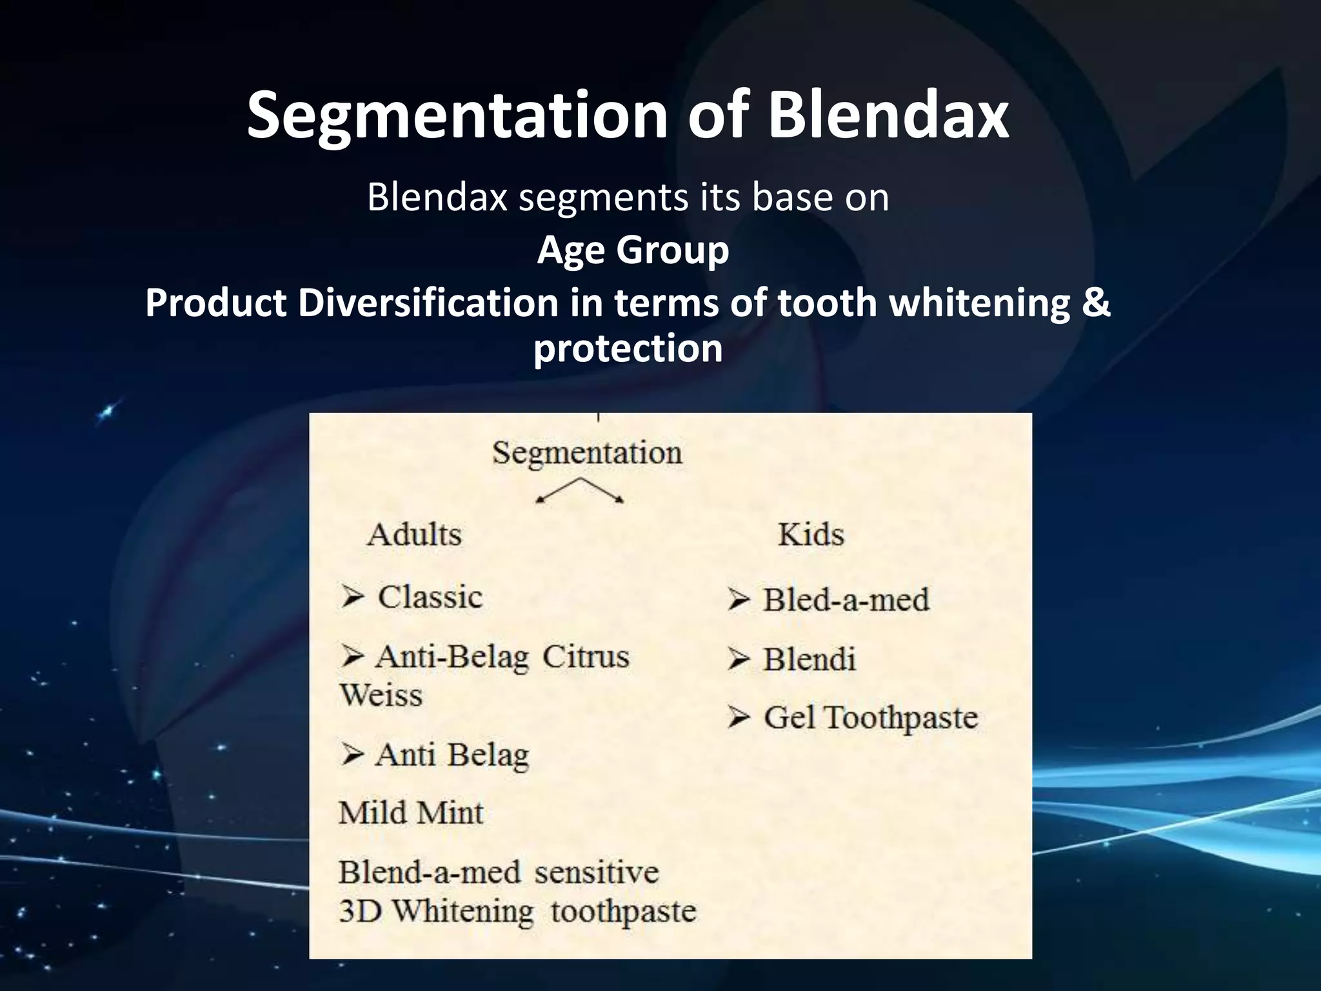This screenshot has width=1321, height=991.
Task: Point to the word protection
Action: click(x=628, y=348)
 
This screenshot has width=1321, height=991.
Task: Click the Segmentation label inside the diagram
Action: click(x=587, y=453)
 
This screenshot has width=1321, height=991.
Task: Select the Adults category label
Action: click(x=414, y=535)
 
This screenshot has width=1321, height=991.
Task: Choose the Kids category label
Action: click(x=810, y=535)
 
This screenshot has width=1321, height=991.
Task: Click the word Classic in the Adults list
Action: click(x=430, y=597)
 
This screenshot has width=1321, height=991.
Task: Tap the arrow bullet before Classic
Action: click(x=353, y=597)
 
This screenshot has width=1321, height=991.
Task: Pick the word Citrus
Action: click(x=585, y=657)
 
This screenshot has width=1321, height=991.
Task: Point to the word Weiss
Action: click(x=381, y=696)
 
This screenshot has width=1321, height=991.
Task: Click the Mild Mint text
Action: click(x=411, y=813)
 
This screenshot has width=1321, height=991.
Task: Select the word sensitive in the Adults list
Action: click(x=596, y=873)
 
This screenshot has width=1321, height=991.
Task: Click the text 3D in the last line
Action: click(x=360, y=912)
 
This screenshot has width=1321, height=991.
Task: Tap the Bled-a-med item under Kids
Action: click(x=846, y=600)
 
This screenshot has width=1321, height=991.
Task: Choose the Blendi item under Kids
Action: click(x=809, y=659)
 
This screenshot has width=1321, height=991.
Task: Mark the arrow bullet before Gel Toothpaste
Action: click(x=739, y=717)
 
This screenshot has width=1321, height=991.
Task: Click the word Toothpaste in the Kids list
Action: click(x=900, y=718)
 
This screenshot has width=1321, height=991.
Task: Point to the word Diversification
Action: click(x=428, y=303)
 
